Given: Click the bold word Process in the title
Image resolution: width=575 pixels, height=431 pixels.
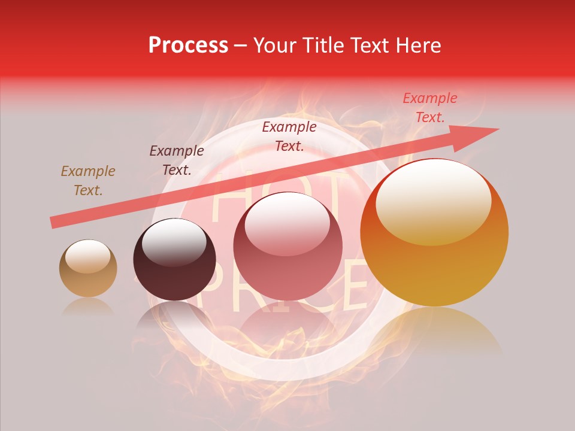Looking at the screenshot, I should [x=188, y=45].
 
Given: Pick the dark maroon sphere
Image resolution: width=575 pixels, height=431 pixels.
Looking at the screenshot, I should [x=174, y=259].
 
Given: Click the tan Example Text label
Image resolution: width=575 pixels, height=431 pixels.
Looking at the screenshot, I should [x=88, y=181].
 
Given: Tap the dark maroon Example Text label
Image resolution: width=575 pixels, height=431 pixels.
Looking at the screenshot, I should [x=177, y=160].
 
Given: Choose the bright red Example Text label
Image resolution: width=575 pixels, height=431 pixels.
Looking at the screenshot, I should [x=430, y=108].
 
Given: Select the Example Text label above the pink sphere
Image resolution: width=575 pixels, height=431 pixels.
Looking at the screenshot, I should [x=289, y=136].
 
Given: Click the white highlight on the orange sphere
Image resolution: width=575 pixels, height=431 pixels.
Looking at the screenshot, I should [x=433, y=201].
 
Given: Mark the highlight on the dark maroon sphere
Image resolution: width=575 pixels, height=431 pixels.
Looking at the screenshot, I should [x=174, y=241].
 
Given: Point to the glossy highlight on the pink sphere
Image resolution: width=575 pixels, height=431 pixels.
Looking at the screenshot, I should [x=287, y=224].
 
